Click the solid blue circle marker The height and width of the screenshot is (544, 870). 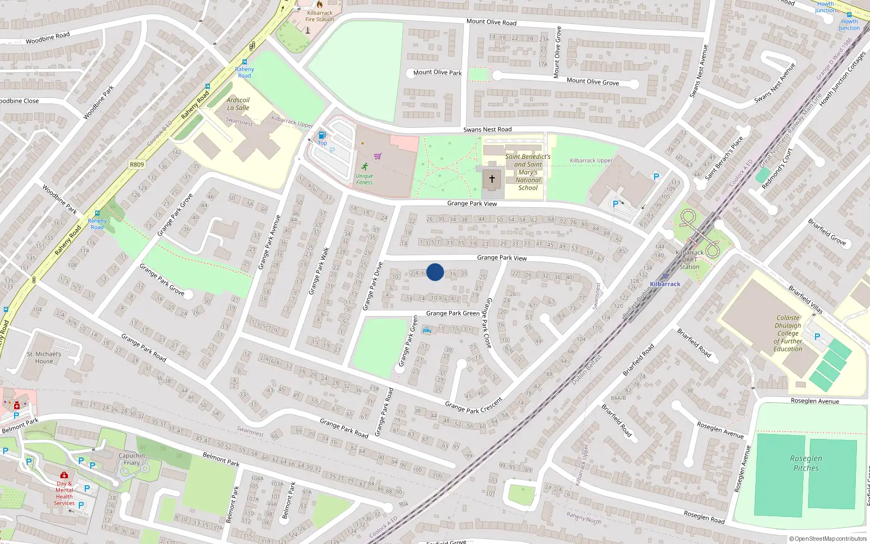pyautogui.click(x=435, y=272)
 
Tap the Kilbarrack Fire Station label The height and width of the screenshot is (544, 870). pyautogui.click(x=320, y=16)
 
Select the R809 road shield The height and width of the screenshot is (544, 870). pyautogui.click(x=137, y=164)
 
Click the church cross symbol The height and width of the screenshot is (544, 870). pyautogui.click(x=492, y=179)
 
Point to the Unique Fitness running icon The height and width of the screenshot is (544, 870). pyautogui.click(x=364, y=166)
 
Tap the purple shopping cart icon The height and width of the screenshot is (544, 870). pyautogui.click(x=377, y=156)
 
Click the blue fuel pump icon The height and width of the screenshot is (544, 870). pyautogui.click(x=322, y=135)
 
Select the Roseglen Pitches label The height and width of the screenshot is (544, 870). pyautogui.click(x=806, y=463)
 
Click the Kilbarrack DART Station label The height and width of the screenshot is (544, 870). pyautogui.click(x=689, y=259)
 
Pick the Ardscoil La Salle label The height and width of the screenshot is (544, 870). pyautogui.click(x=238, y=104)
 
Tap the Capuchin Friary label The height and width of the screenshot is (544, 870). pyautogui.click(x=132, y=459)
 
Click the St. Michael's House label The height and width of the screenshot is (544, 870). pyautogui.click(x=44, y=357)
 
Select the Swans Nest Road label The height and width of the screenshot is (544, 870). pyautogui.click(x=487, y=129)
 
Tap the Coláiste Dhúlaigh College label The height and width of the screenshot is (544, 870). pyautogui.click(x=788, y=333)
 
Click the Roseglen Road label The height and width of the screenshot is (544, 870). pyautogui.click(x=704, y=517)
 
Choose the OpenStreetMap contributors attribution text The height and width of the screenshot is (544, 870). pyautogui.click(x=828, y=539)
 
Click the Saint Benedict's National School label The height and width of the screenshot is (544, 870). pyautogui.click(x=527, y=172)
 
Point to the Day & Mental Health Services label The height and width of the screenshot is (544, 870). pyautogui.click(x=64, y=493)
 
